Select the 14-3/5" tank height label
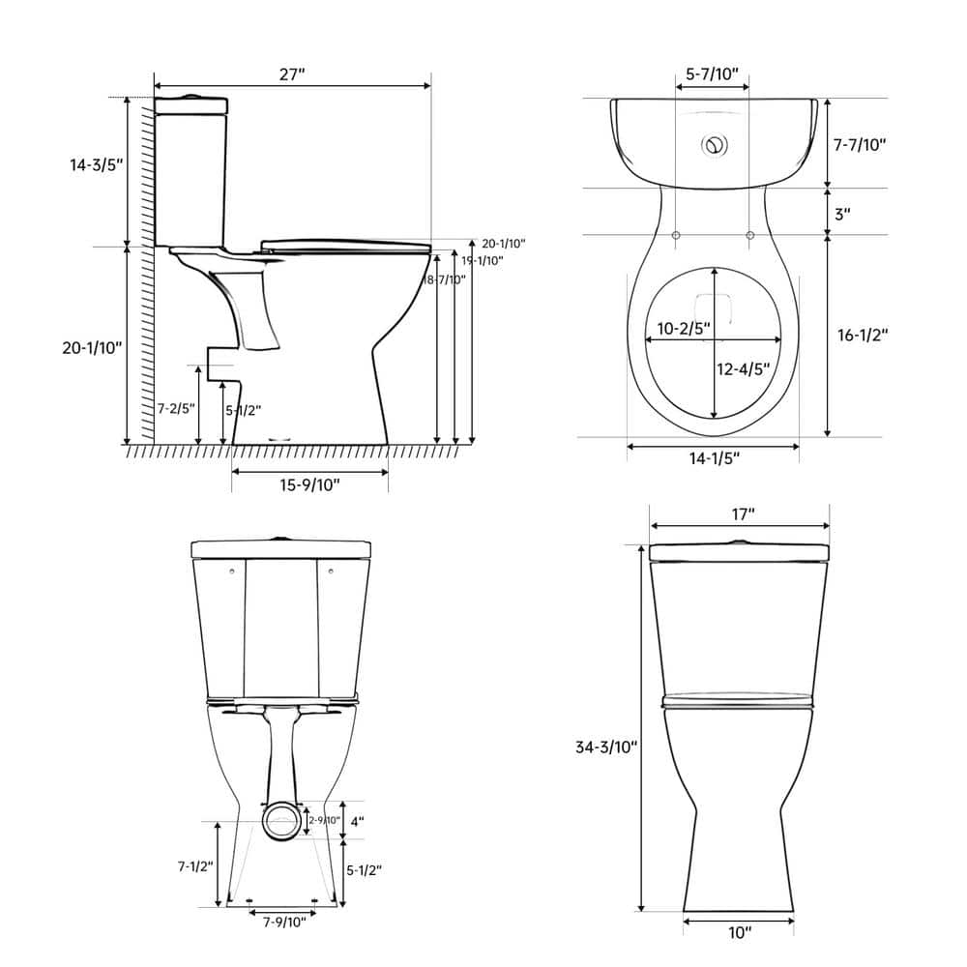coord(97,164)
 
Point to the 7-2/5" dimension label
coord(177,409)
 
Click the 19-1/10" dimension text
coord(482,260)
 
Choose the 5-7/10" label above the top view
coord(712,73)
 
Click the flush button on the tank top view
coord(714,146)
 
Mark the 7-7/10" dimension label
coord(860,144)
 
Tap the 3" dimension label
coord(842,214)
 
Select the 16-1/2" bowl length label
coord(862,335)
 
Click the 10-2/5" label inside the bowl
coord(684,328)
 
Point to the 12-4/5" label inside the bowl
coord(744,367)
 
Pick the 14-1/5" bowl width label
coord(714,458)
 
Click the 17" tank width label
coord(742,514)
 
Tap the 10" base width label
coord(740,933)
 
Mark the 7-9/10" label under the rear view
coord(283,922)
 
